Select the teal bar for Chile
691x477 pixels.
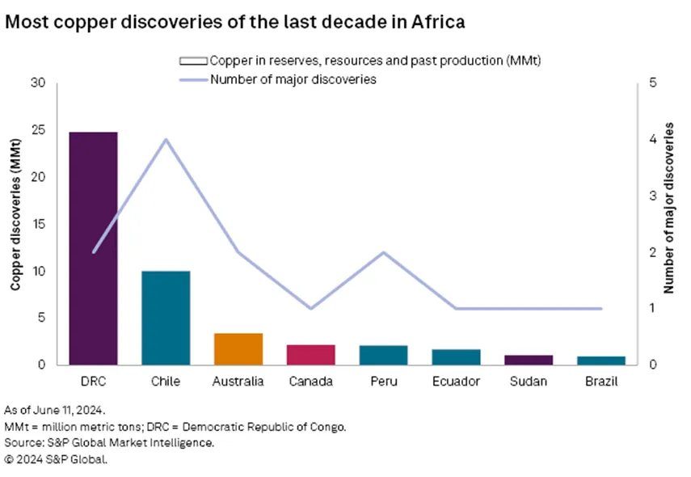click(166, 317)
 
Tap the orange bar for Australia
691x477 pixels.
click(238, 348)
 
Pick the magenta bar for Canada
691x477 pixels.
click(311, 354)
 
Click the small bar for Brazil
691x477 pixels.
click(602, 360)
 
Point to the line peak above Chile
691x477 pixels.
click(166, 139)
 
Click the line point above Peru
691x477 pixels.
click(384, 252)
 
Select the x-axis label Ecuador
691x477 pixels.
click(457, 381)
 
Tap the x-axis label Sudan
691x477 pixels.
click(529, 381)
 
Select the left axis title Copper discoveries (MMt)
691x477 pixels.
click(15, 224)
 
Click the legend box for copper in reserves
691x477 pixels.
click(192, 61)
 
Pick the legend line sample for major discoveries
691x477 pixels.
click(192, 79)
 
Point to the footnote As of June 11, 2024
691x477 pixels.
click(54, 411)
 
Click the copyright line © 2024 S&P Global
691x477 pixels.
click(56, 458)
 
